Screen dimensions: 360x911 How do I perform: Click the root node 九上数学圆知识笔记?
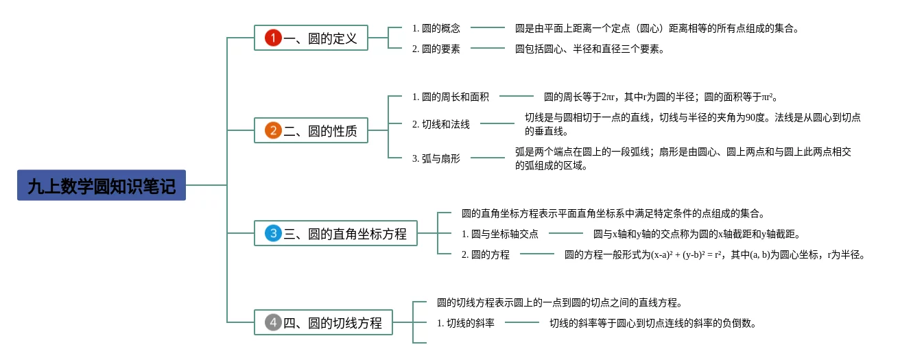[102, 185]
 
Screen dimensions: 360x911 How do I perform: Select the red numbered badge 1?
[274, 38]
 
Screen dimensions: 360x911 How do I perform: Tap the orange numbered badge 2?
[274, 130]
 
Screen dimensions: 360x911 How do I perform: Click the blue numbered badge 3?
[274, 233]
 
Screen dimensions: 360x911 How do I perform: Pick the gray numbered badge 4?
[274, 322]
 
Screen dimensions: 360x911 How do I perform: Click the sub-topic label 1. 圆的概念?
[436, 28]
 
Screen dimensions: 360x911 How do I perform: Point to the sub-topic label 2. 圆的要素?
[436, 49]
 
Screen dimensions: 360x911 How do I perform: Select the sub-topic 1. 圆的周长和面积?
[451, 97]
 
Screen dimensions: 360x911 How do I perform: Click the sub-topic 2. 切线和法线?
[441, 124]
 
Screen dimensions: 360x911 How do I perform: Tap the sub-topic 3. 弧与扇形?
[436, 158]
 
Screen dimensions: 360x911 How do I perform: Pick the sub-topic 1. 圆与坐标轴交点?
[500, 234]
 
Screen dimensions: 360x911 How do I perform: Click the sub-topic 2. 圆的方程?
[486, 254]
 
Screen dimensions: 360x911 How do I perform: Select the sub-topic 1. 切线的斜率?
[466, 323]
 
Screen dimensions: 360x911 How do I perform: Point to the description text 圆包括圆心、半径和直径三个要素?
[590, 49]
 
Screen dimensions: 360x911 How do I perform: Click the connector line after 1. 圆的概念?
[488, 28]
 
